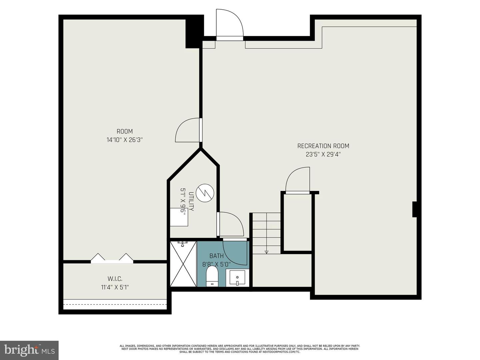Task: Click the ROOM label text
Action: click(125, 131)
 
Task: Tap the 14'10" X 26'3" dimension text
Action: click(125, 140)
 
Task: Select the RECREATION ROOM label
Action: click(323, 146)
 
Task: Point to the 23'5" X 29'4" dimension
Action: click(323, 154)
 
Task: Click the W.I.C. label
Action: click(115, 279)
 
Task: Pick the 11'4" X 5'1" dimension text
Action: click(115, 287)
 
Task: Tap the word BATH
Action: click(216, 256)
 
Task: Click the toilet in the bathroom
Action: click(212, 276)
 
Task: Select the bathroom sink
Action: click(237, 278)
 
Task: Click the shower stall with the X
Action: click(183, 264)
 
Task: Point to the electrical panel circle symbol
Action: click(204, 193)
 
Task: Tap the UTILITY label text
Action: click(191, 201)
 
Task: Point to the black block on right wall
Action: click(414, 209)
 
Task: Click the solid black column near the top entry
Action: click(194, 32)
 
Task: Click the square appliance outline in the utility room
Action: click(179, 217)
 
